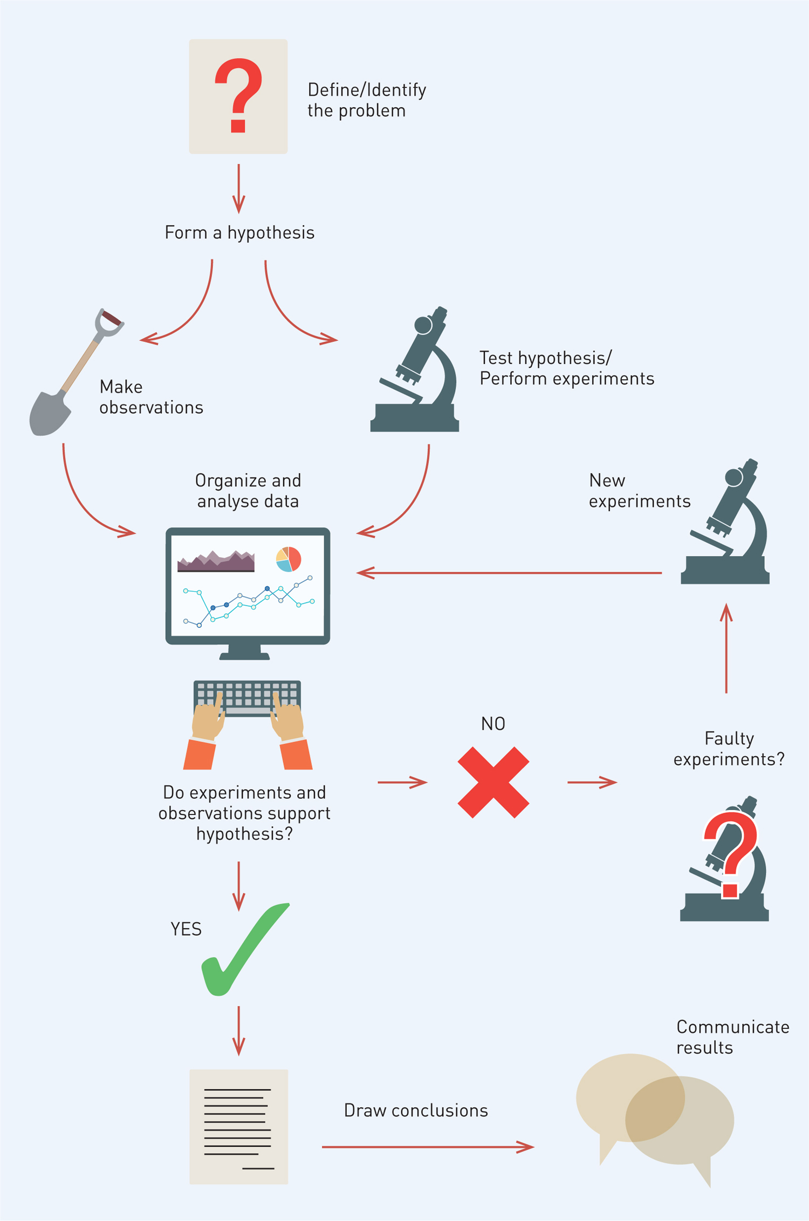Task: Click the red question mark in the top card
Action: point(238,95)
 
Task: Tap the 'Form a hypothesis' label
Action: point(239,232)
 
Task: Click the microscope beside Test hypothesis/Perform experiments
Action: point(415,369)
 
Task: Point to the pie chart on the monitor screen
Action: point(289,559)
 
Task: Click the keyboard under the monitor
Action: point(248,698)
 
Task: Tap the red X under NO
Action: point(493,783)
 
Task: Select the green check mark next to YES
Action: point(245,949)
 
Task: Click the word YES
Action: point(186,929)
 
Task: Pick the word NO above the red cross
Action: point(493,724)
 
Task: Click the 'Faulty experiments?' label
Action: point(729,749)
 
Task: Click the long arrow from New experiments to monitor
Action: point(509,573)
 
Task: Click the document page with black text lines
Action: point(239,1127)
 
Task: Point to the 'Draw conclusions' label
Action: point(416,1110)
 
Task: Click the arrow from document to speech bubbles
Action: point(428,1147)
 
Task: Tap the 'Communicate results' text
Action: point(733,1037)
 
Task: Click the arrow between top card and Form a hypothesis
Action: point(238,189)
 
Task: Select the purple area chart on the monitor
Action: point(216,561)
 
